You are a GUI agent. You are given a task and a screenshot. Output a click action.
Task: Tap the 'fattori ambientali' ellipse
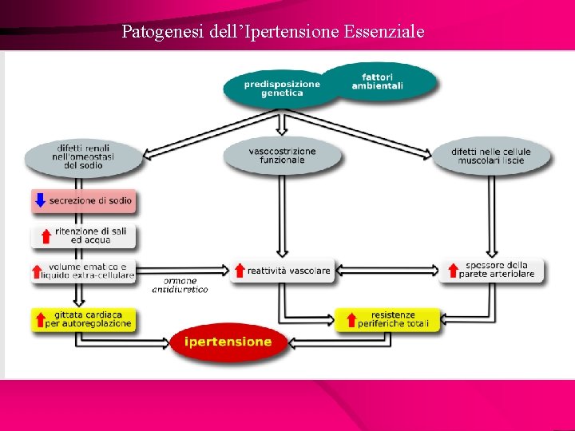[x=379, y=81]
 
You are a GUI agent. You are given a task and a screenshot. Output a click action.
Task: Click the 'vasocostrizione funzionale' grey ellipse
[x=282, y=156]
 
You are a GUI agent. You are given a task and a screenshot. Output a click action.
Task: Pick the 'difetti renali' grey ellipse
[x=84, y=156]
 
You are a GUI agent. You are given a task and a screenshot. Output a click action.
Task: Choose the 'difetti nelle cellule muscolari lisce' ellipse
[x=490, y=156]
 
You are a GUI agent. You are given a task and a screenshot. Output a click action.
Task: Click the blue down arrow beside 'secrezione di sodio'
[x=40, y=200]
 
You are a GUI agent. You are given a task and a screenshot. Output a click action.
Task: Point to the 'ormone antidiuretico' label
[x=185, y=285]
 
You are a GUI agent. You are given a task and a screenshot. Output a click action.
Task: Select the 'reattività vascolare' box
[x=282, y=271]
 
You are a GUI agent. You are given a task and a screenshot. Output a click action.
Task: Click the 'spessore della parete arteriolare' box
[x=491, y=270]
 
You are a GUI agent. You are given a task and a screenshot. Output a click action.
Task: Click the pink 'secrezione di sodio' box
[x=83, y=200]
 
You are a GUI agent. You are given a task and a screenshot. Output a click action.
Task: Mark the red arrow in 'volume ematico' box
[x=38, y=271]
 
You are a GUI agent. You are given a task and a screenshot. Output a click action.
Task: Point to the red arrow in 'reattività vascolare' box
[x=240, y=271]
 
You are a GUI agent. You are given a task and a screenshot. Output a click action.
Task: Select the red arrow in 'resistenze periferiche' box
[x=351, y=319]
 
